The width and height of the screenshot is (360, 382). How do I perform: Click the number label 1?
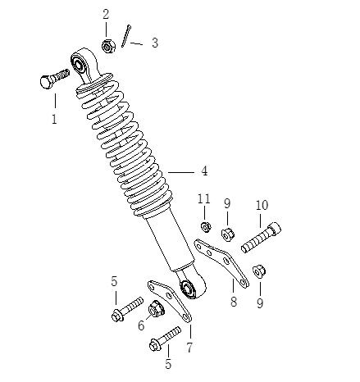55,121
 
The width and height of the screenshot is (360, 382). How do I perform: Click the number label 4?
203,171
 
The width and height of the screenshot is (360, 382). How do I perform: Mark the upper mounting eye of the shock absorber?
82,61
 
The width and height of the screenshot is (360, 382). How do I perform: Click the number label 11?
204,200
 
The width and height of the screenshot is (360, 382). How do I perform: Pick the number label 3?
154,43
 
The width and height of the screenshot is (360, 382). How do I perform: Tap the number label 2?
106,14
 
